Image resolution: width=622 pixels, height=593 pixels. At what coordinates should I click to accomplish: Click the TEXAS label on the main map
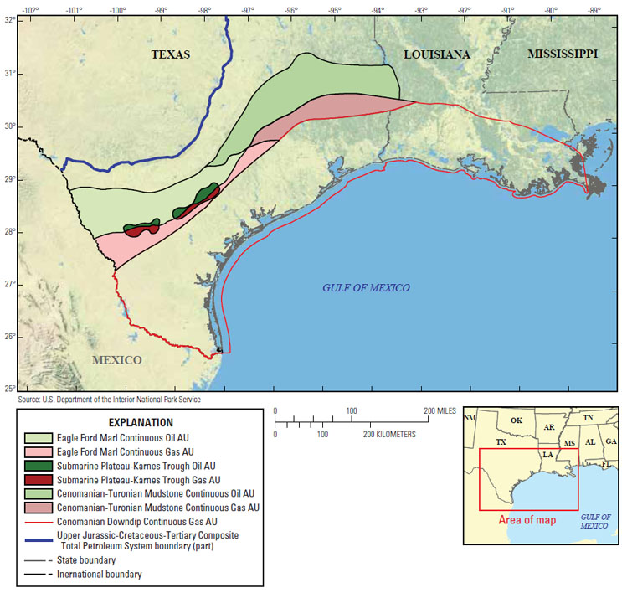click(171, 54)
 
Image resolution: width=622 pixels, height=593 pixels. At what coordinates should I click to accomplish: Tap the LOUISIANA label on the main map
click(436, 54)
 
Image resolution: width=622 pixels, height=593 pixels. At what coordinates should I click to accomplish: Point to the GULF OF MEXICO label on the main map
click(366, 288)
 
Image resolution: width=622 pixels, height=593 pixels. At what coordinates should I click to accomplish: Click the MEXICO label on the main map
click(116, 360)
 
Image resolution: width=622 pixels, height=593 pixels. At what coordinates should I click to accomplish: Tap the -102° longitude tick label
click(29, 10)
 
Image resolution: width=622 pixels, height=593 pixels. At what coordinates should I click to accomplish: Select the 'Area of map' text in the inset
click(527, 519)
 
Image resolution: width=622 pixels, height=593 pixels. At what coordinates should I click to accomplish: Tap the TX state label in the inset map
click(501, 441)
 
